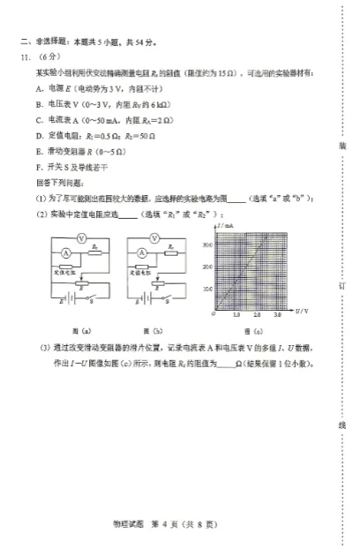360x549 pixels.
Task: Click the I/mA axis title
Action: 223,228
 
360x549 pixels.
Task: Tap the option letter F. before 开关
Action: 39,165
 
